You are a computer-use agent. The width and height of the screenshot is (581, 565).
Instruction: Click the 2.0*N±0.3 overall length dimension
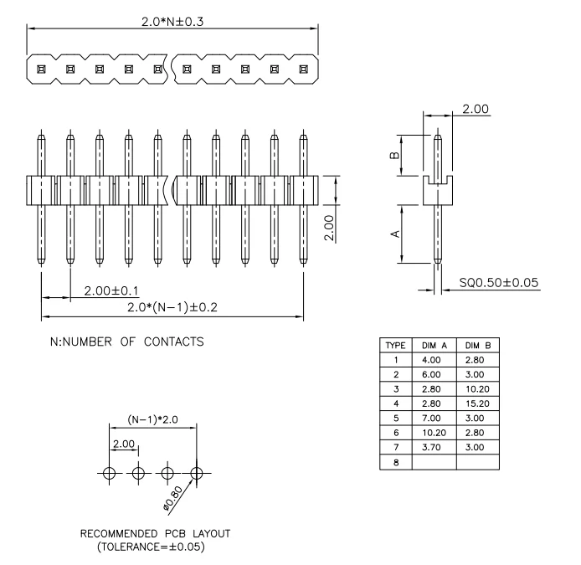[x=172, y=21]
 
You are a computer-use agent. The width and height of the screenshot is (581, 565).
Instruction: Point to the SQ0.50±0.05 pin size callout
[x=499, y=284]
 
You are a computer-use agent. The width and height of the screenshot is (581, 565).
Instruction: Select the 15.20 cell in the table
[x=477, y=403]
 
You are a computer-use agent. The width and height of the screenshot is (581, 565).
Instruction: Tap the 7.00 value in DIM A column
[x=434, y=418]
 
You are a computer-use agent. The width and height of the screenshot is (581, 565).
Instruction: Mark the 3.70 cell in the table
[x=434, y=446]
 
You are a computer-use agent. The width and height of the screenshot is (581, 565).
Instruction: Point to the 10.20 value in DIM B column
[x=477, y=389]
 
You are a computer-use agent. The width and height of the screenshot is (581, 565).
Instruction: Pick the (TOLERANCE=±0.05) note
[x=155, y=547]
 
